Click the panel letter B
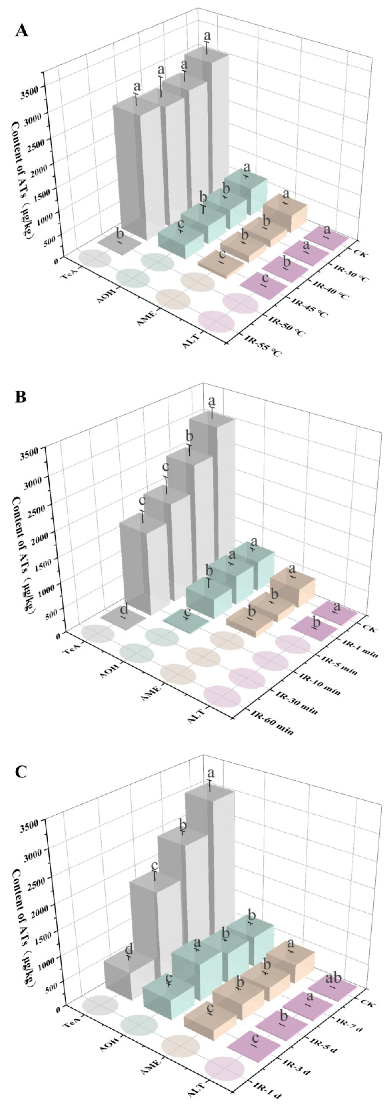point(21,396)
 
